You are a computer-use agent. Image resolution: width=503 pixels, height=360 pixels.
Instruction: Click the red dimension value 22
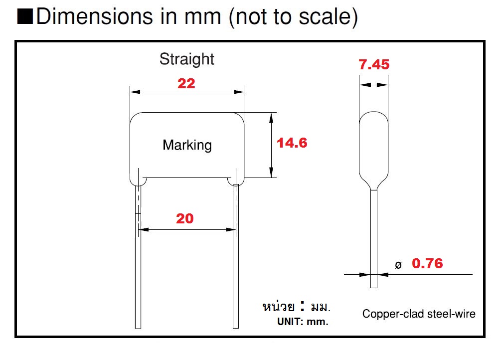[x=186, y=83]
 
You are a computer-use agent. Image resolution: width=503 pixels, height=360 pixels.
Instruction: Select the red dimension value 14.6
[x=292, y=143]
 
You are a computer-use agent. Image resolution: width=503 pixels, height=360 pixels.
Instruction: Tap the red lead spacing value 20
[x=185, y=218]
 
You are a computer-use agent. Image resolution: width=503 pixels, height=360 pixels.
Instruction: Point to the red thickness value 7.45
[x=374, y=65]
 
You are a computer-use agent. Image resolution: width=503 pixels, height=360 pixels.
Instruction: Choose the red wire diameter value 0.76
[x=427, y=263]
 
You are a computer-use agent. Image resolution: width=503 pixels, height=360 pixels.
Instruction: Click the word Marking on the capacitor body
[x=187, y=145]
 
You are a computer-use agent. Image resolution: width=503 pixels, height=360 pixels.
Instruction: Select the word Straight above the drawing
[x=186, y=59]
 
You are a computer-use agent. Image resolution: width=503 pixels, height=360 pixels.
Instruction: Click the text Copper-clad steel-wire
[x=419, y=314]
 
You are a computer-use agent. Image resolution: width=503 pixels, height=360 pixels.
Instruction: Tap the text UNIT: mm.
[x=303, y=322]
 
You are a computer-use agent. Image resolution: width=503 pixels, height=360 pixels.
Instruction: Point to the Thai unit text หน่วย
[x=278, y=306]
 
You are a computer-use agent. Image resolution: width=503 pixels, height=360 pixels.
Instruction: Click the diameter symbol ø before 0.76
[x=398, y=265]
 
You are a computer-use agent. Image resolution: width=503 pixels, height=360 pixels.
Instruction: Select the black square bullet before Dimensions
[x=25, y=17]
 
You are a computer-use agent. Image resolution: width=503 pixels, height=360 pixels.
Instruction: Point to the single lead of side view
[x=373, y=239]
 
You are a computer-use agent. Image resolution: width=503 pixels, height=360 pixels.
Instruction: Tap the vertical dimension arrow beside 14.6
[x=271, y=145]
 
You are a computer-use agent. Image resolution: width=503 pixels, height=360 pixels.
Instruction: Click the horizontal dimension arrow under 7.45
[x=374, y=86]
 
